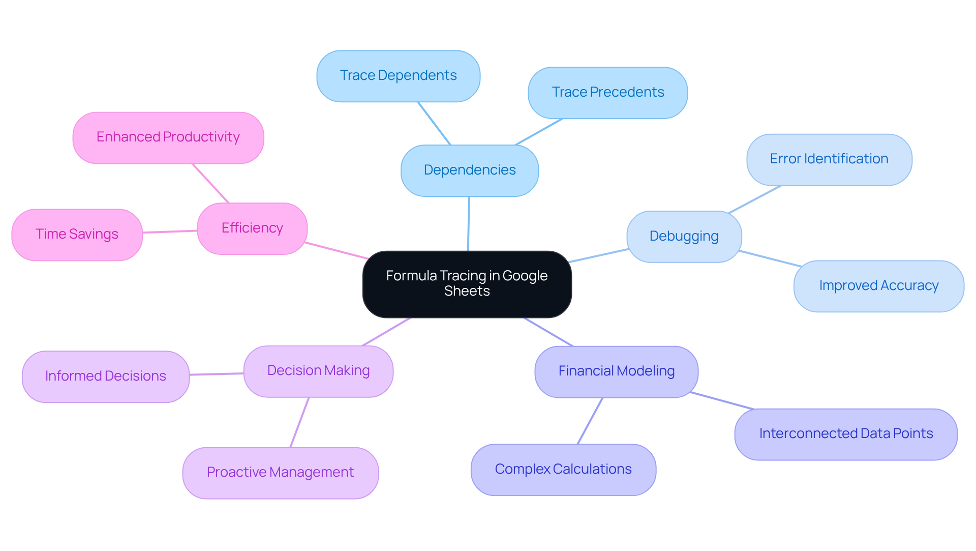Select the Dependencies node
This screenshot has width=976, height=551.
click(469, 170)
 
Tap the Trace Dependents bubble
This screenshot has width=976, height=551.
click(398, 76)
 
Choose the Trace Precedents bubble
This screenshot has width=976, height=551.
click(607, 93)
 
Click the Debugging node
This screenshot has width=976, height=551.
click(684, 237)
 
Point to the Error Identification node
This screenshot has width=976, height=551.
click(829, 159)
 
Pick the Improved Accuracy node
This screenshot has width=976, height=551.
click(878, 286)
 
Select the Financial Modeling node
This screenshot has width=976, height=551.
click(616, 371)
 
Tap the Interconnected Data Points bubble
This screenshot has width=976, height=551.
click(845, 434)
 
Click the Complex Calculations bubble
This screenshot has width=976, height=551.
click(563, 470)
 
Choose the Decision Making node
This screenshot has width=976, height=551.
click(318, 371)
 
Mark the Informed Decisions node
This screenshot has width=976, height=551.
click(105, 376)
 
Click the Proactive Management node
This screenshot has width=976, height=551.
click(280, 473)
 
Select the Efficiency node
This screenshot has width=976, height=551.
click(252, 228)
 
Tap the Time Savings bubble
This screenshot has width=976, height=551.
click(77, 235)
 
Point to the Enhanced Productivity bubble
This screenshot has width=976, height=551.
click(168, 137)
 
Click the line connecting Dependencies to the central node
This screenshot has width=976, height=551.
click(468, 224)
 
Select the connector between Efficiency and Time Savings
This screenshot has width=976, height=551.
click(170, 231)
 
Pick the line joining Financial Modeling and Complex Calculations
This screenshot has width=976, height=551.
click(590, 421)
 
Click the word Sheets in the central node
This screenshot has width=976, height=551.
click(467, 292)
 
